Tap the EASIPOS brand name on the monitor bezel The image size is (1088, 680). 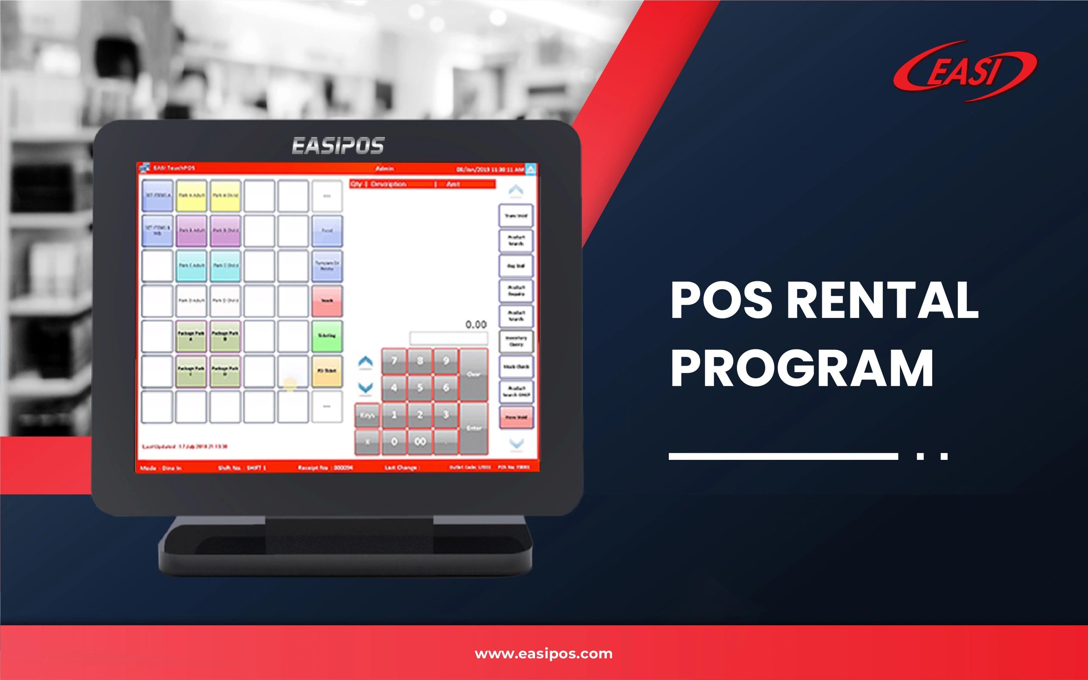(x=338, y=146)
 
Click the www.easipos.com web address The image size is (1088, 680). (x=544, y=654)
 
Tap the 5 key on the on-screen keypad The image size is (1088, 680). (x=420, y=388)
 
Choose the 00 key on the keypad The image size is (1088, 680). (x=420, y=442)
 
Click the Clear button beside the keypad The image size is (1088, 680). (x=473, y=374)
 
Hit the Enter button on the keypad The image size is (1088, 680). (x=474, y=428)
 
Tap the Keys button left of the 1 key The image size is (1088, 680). (x=367, y=415)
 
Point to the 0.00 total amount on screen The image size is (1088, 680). (x=476, y=324)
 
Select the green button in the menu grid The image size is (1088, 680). (x=327, y=336)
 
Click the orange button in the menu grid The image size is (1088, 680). (x=327, y=371)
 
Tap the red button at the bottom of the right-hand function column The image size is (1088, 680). (x=516, y=417)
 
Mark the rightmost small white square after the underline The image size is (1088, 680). (x=944, y=456)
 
